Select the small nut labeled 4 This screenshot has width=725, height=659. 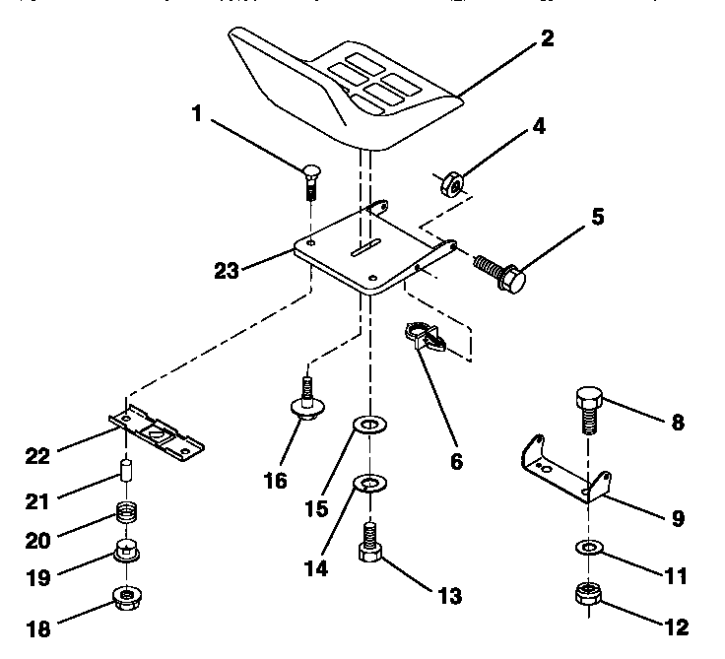point(449,183)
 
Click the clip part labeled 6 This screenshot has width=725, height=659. point(425,335)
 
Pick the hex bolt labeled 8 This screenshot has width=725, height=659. point(588,409)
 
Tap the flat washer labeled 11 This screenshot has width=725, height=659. point(588,548)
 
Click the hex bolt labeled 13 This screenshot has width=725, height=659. point(370,544)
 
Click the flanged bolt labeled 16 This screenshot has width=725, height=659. point(307,402)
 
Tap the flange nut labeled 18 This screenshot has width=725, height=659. point(126,596)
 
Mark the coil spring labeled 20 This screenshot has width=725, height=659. point(127,513)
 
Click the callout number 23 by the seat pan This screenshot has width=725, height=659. point(227,269)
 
